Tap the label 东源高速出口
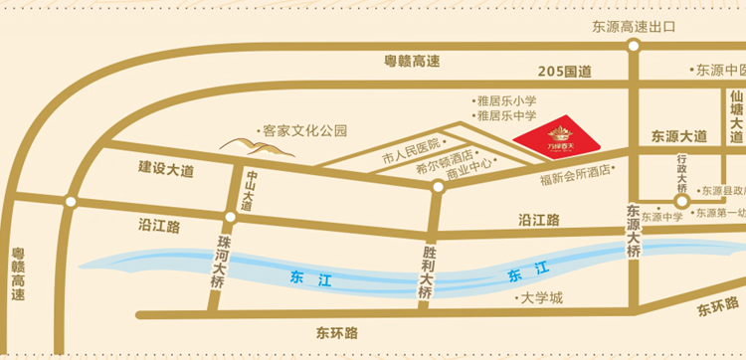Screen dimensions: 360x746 [634, 27]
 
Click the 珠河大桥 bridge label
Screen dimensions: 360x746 [219, 267]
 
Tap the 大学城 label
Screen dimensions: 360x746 [543, 298]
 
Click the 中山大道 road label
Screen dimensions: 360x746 [249, 189]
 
